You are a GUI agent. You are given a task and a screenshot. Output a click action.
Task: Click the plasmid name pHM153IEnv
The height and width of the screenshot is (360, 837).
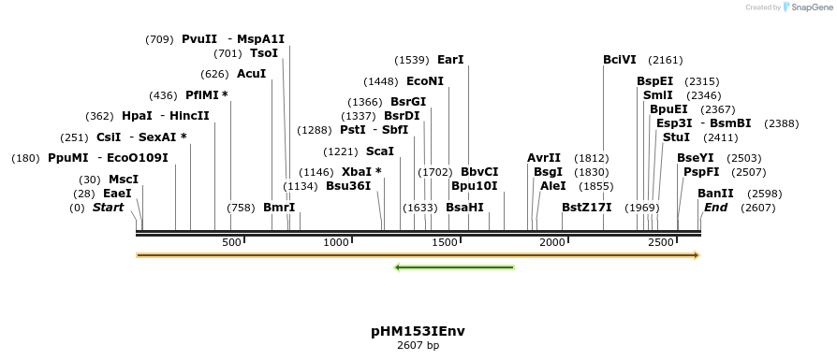418,331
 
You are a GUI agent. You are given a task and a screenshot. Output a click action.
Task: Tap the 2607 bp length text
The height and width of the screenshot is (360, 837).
418,346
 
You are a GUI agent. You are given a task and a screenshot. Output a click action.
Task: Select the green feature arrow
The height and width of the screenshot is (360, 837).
455,268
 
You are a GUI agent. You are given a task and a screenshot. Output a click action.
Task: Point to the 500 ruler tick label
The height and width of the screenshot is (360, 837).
231,242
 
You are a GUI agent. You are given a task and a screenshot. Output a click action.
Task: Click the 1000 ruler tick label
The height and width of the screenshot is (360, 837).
336,242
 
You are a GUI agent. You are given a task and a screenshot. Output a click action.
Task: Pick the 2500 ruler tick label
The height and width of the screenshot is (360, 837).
661,242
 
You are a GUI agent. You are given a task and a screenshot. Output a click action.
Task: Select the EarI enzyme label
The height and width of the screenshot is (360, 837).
450,60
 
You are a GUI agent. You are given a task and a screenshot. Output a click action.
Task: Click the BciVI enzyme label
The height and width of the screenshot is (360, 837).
620,60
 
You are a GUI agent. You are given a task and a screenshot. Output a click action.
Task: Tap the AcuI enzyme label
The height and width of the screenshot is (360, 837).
251,74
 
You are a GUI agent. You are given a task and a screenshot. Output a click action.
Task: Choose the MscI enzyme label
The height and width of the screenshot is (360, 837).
123,180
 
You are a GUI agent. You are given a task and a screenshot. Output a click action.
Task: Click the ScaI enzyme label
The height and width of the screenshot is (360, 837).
380,151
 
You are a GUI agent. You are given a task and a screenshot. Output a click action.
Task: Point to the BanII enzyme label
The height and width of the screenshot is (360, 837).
715,194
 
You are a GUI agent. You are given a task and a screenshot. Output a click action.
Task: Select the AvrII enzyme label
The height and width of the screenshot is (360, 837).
544,158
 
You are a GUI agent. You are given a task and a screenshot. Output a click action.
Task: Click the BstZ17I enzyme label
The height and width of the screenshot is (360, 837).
586,208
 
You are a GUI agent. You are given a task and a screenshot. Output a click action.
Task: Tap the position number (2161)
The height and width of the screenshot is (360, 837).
666,60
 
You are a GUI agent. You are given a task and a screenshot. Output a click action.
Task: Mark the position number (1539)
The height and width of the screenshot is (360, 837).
412,60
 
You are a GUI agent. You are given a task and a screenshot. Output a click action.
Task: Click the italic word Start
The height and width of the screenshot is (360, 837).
108,208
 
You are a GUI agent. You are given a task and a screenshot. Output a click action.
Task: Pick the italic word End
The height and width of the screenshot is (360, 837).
716,208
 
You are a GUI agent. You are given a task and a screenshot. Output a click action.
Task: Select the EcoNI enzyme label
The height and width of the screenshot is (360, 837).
425,81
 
